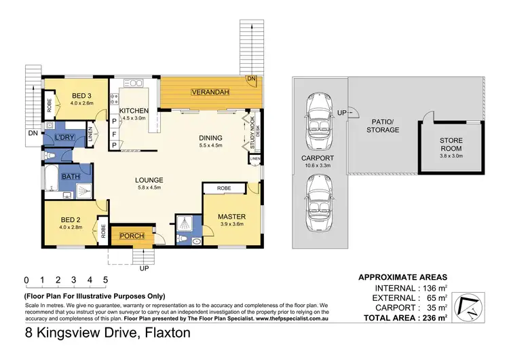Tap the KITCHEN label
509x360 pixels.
point(134,110)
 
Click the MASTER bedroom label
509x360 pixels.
point(231,217)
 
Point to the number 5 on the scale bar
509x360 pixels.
point(105,279)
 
